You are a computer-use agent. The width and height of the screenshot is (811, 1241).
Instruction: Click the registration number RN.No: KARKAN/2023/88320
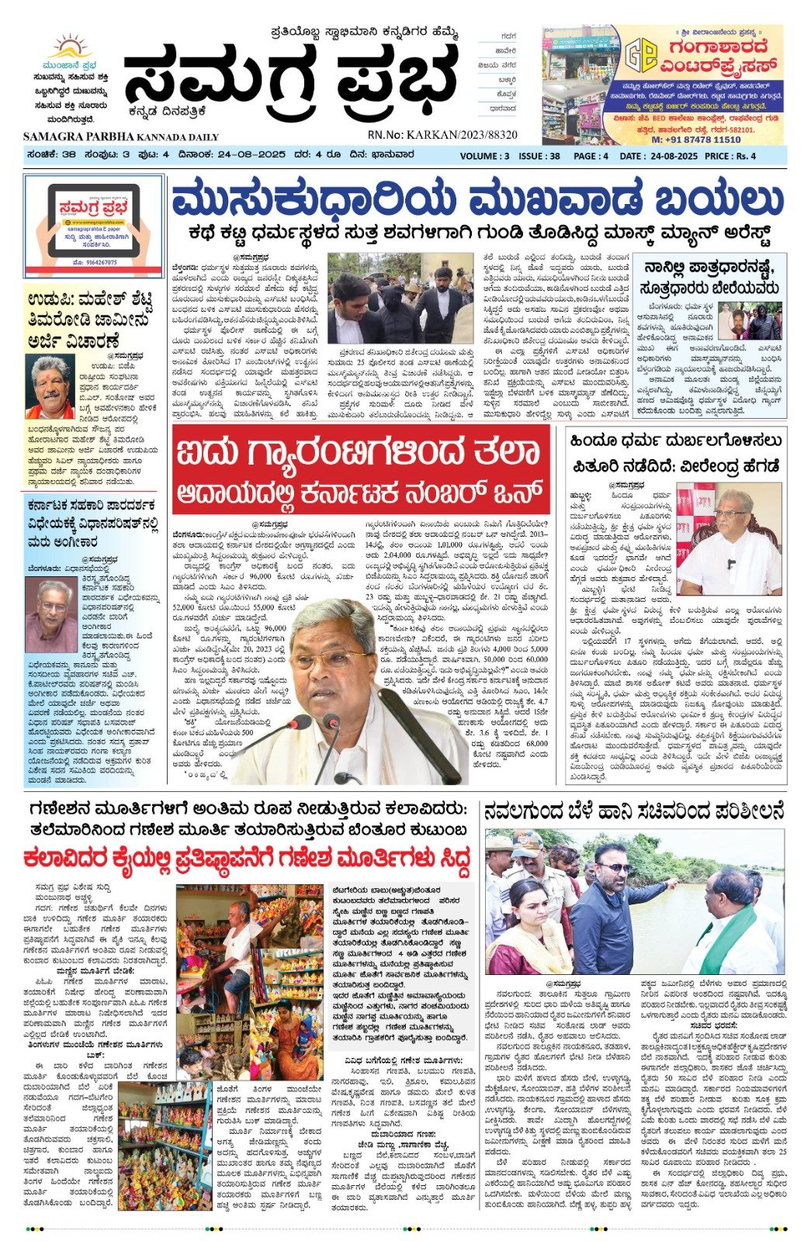442,135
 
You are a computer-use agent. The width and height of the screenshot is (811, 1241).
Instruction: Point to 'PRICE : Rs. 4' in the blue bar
729,156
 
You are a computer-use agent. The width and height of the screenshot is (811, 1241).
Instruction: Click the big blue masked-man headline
477,200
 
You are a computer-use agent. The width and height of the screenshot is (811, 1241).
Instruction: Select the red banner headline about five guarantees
361,471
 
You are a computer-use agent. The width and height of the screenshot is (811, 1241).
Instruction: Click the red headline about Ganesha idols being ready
248,859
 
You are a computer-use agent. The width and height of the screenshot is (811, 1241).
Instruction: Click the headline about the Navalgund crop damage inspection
633,811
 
